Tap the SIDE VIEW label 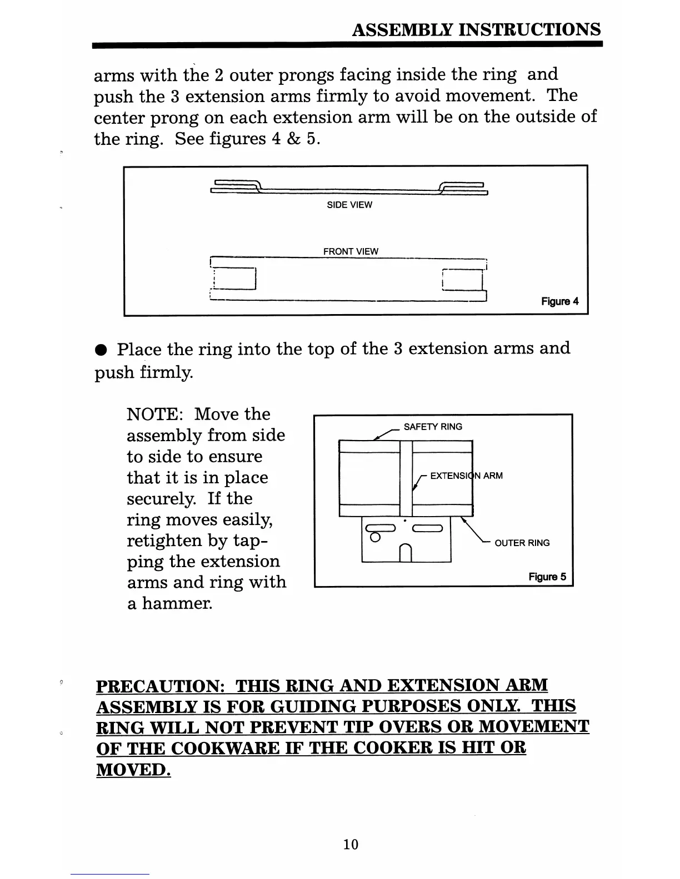349,205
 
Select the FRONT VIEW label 351,251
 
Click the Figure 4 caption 559,301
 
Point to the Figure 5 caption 547,577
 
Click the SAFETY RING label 433,427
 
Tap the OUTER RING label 522,543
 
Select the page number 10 351,844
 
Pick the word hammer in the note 176,603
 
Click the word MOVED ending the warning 133,770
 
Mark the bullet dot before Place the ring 100,351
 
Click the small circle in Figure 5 376,537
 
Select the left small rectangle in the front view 233,279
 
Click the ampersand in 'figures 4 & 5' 293,139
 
